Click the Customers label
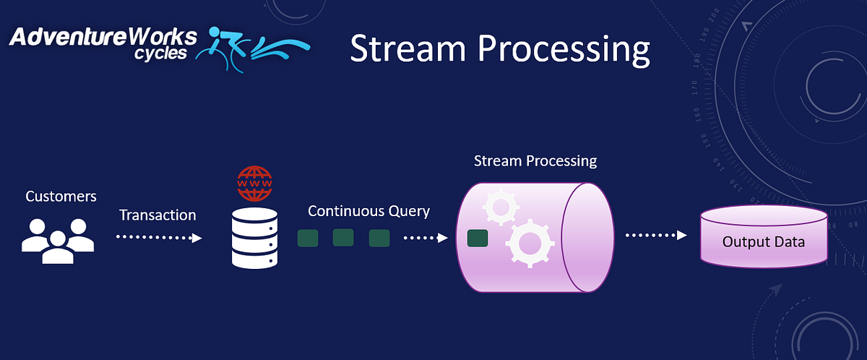coord(61,196)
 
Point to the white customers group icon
coord(58,241)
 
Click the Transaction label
coord(158,215)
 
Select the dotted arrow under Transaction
coord(159,237)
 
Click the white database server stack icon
coord(255,238)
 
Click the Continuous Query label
coord(368,211)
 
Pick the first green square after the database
coord(308,238)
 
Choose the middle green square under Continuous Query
coord(343,237)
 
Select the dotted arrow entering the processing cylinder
coord(426,237)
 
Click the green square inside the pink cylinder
coord(476,238)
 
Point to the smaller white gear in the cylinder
coord(499,207)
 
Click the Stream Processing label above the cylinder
coord(535,160)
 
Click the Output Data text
coord(763,241)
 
